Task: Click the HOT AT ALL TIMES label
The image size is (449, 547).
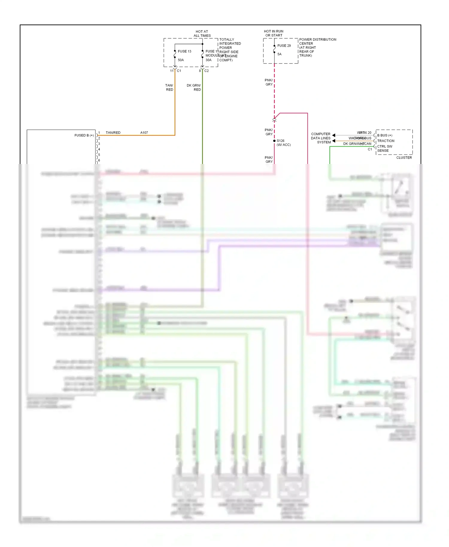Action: [x=202, y=34]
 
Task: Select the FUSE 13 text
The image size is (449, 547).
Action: [x=184, y=51]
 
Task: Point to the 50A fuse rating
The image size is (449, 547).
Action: [x=181, y=60]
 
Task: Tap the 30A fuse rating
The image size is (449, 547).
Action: [x=208, y=60]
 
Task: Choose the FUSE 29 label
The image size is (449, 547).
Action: [x=284, y=46]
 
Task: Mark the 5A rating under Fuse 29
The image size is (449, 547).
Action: [x=279, y=54]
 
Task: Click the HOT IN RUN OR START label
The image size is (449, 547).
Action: [x=274, y=33]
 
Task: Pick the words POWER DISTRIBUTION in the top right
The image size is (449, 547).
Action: [x=318, y=39]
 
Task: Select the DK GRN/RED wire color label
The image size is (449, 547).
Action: [x=194, y=87]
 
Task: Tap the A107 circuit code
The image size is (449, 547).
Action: [x=144, y=133]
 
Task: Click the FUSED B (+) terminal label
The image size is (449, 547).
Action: [x=84, y=136]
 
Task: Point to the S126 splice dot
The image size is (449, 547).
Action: [x=274, y=141]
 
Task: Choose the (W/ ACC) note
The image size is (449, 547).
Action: [x=283, y=145]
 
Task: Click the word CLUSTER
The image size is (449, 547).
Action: [x=404, y=158]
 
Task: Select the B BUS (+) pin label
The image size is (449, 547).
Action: [x=385, y=136]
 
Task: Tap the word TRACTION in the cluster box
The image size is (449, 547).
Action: [x=386, y=141]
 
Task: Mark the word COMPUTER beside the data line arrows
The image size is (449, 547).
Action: [x=321, y=134]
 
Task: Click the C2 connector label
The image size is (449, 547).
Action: [x=207, y=71]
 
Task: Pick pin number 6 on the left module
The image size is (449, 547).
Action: [x=99, y=160]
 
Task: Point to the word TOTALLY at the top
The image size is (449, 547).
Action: [x=227, y=39]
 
